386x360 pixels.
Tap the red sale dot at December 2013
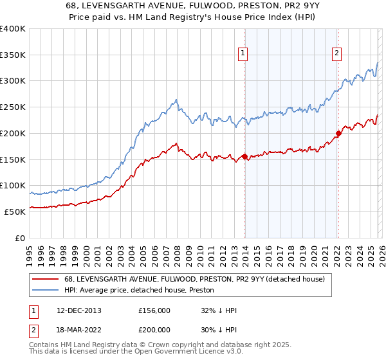(x=244, y=156)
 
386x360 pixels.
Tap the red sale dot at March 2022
(x=338, y=134)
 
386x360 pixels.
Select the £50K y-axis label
(x=15, y=212)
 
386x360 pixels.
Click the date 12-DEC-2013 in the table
(x=75, y=310)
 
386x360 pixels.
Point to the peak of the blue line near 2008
(x=176, y=100)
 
